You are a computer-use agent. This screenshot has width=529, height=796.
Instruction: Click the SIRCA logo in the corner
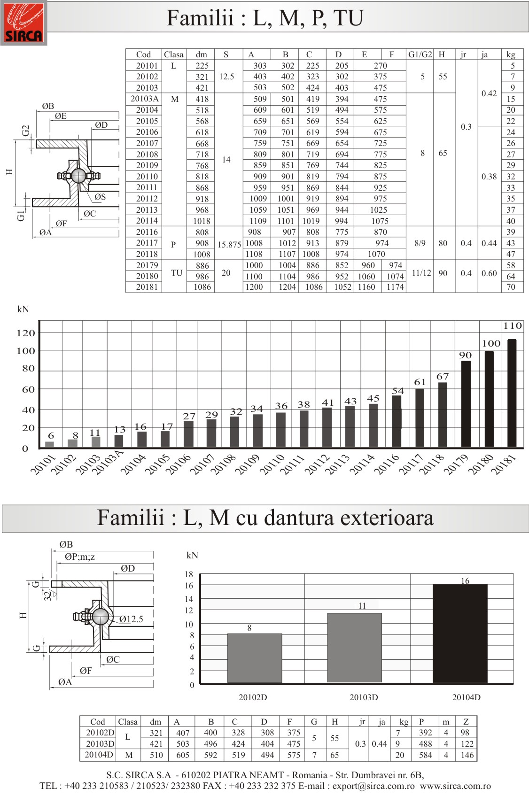(x=23, y=23)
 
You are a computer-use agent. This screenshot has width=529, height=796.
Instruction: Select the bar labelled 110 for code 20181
(x=512, y=393)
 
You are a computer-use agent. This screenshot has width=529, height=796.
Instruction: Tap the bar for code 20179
(x=466, y=404)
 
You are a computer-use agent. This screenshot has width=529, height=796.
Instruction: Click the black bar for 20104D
(x=460, y=633)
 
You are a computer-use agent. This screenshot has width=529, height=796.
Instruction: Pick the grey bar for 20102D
(x=255, y=658)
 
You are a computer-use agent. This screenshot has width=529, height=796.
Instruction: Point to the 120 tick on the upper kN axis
(x=26, y=333)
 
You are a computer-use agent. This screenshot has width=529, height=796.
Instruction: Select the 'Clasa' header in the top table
(x=173, y=54)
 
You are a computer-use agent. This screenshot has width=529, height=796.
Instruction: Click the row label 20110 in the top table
(x=147, y=176)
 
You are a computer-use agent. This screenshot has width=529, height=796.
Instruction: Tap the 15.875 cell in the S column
(x=229, y=245)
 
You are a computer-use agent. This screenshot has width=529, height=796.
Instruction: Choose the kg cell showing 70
(x=511, y=287)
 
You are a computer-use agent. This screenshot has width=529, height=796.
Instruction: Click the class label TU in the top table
(x=177, y=272)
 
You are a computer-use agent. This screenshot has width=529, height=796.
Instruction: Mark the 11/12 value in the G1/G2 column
(x=421, y=273)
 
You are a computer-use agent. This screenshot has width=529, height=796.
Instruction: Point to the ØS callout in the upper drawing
(x=100, y=196)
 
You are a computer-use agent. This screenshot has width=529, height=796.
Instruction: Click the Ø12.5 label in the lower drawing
(x=131, y=618)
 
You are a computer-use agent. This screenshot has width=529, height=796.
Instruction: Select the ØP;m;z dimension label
(x=80, y=556)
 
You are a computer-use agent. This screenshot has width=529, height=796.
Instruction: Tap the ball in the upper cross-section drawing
(x=78, y=176)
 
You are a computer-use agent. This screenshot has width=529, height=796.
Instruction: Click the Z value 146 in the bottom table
(x=467, y=755)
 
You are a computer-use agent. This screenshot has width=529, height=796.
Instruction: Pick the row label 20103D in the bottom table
(x=100, y=743)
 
